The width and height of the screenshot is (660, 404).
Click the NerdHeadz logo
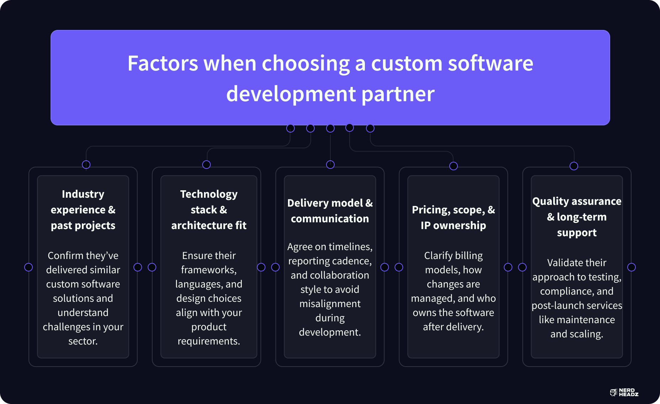coord(624,392)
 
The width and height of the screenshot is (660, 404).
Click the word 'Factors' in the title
coord(162,63)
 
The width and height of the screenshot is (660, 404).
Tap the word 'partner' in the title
coord(398,94)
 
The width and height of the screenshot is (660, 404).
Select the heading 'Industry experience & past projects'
coord(83,209)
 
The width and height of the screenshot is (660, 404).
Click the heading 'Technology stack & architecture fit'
coord(209,209)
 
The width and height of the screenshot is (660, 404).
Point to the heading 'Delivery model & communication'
coord(330,211)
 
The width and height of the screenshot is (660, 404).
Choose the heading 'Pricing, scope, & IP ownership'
coord(453,217)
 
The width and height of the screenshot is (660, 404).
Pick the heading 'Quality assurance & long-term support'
coord(577,217)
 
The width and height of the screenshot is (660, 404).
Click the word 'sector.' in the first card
coord(83,341)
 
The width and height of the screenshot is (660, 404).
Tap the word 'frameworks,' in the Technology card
coord(209,270)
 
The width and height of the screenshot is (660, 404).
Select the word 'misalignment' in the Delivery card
coord(330,304)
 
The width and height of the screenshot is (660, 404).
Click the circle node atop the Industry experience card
coord(86,165)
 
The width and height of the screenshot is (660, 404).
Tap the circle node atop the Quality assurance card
coord(574,166)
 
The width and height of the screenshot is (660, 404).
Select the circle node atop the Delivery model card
coord(330,165)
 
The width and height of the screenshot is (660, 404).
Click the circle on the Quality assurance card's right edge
coord(632,267)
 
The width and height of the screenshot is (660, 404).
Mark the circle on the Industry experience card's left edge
coord(28,267)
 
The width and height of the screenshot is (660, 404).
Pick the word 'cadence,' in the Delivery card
coord(350,261)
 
